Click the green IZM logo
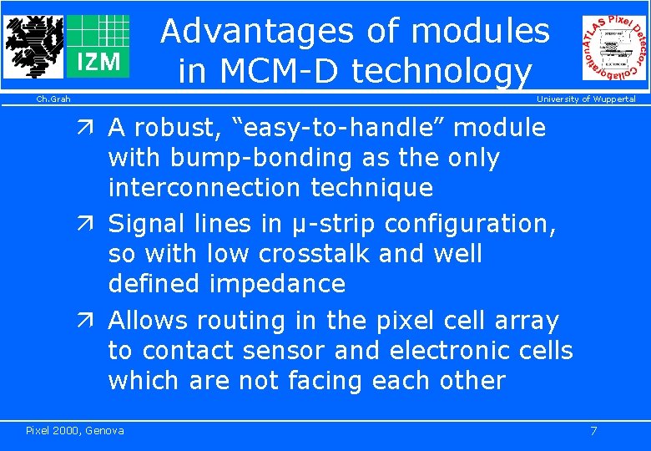click(x=98, y=47)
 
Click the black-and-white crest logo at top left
click(x=33, y=45)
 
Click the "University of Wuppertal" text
click(x=586, y=99)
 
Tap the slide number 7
click(x=593, y=430)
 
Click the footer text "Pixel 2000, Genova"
click(x=75, y=430)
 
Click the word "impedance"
click(x=277, y=283)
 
